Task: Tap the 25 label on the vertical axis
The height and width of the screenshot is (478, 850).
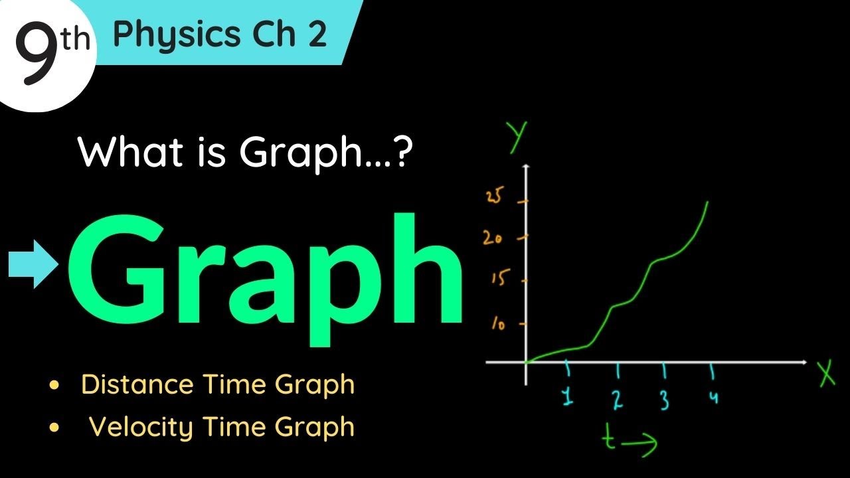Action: (496, 197)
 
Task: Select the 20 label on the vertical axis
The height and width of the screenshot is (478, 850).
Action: (493, 238)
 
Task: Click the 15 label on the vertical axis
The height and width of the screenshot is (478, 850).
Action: (498, 279)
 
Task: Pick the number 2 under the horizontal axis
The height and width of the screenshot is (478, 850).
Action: (618, 399)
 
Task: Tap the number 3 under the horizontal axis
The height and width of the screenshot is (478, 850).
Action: (664, 400)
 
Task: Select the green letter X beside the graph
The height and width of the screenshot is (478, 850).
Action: (826, 375)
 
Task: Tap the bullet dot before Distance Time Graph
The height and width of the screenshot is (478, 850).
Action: (54, 385)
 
